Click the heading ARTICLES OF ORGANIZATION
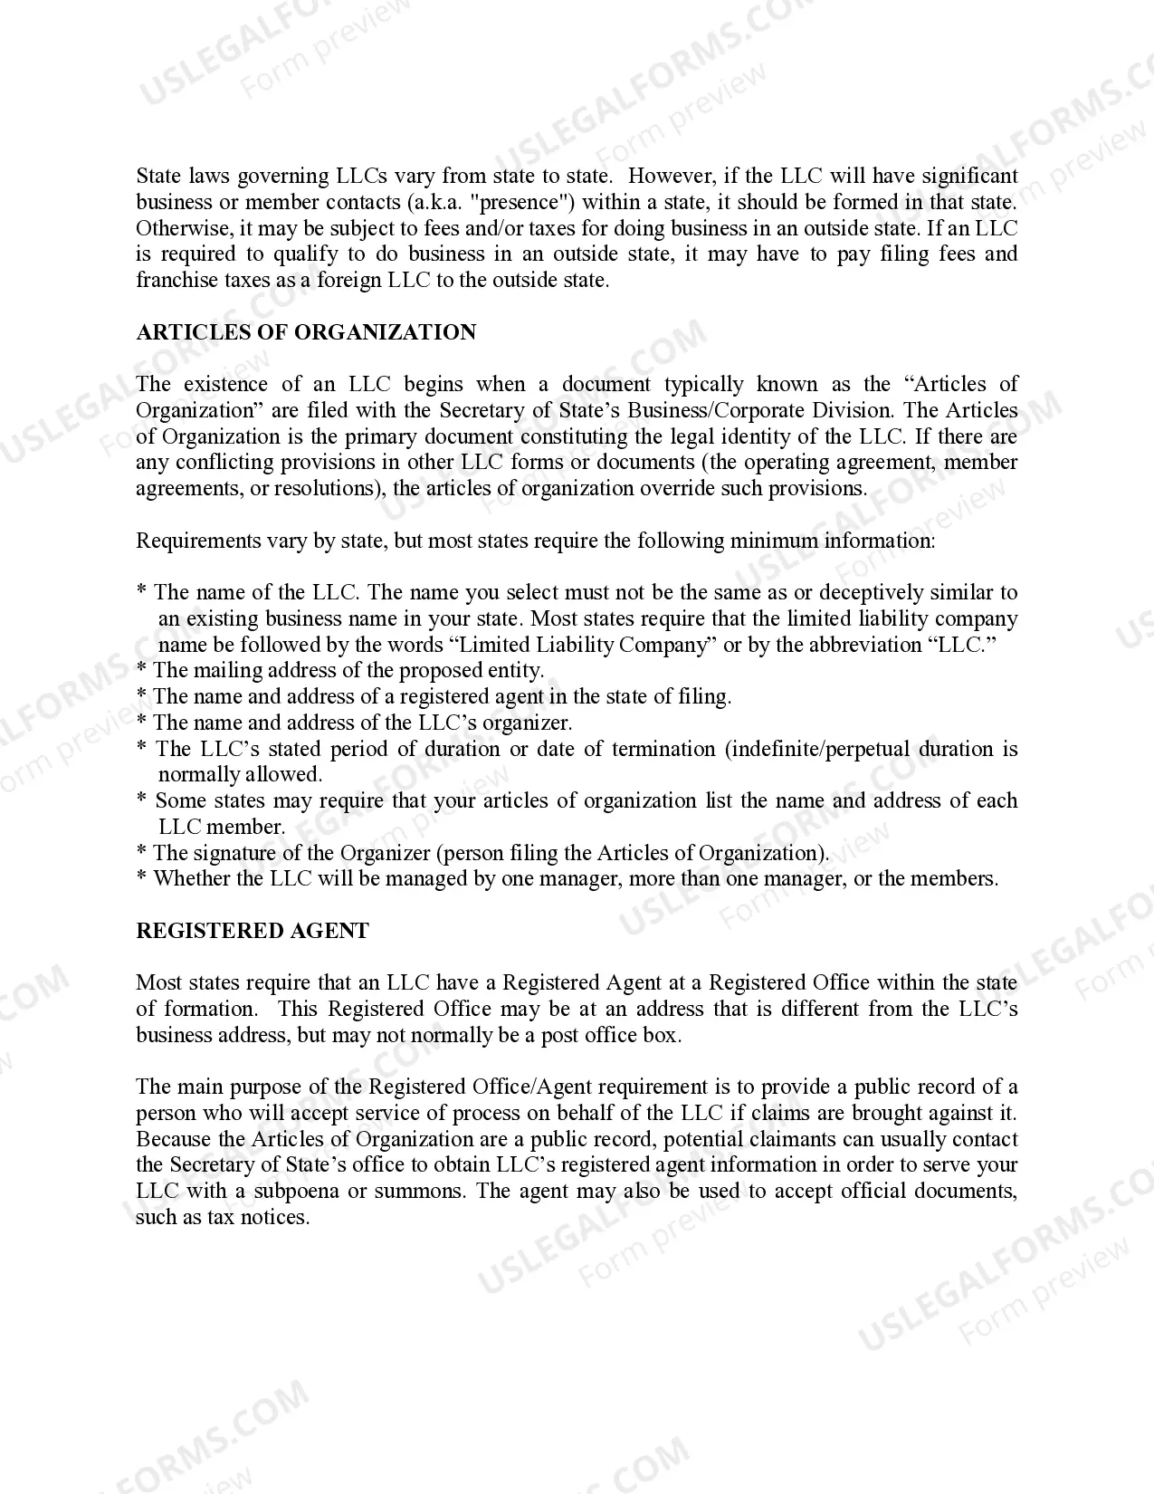[306, 332]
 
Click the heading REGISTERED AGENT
[253, 931]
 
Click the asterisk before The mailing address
[142, 671]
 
